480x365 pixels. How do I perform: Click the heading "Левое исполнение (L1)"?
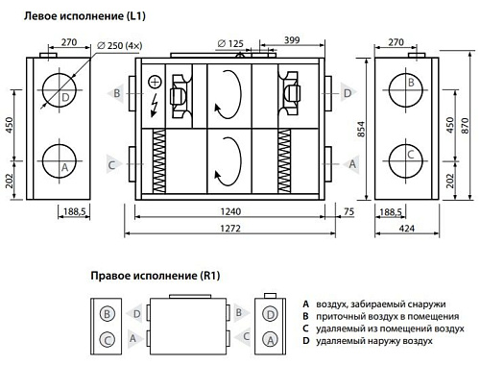pyautogui.click(x=84, y=16)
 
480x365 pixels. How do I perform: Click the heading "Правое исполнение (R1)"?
pyautogui.click(x=156, y=276)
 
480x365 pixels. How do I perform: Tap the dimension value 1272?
pyautogui.click(x=230, y=229)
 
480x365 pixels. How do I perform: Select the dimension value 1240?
pyautogui.click(x=230, y=211)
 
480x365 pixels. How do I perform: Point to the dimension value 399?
pyautogui.click(x=292, y=40)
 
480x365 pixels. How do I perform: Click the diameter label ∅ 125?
pyautogui.click(x=230, y=43)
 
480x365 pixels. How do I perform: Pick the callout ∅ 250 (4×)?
pyautogui.click(x=119, y=45)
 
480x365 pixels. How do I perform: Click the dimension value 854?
pyautogui.click(x=361, y=129)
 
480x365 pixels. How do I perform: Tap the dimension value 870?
pyautogui.click(x=465, y=126)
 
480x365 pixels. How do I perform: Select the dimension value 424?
pyautogui.click(x=407, y=229)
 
